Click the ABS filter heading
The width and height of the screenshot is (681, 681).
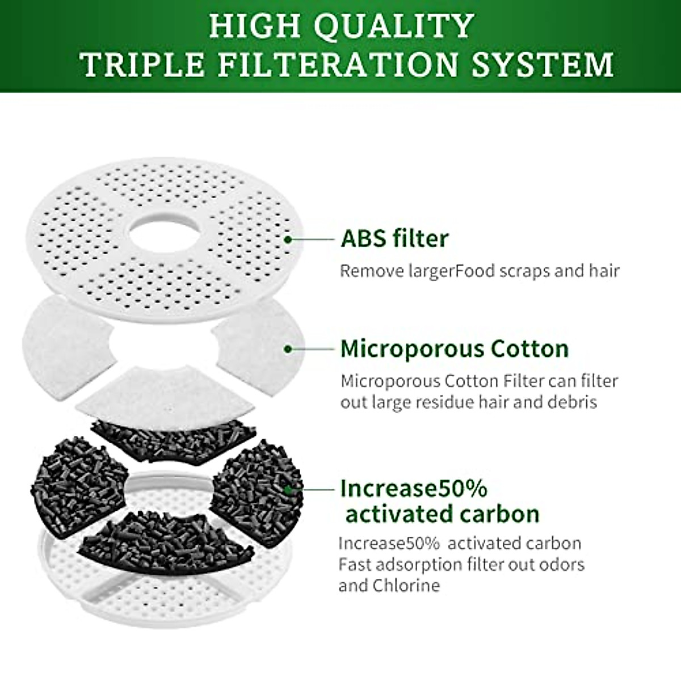pos(394,239)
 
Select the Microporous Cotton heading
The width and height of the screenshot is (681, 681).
pos(455,348)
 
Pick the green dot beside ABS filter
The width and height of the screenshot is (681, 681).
pos(288,239)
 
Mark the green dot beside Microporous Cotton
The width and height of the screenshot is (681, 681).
pos(288,348)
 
